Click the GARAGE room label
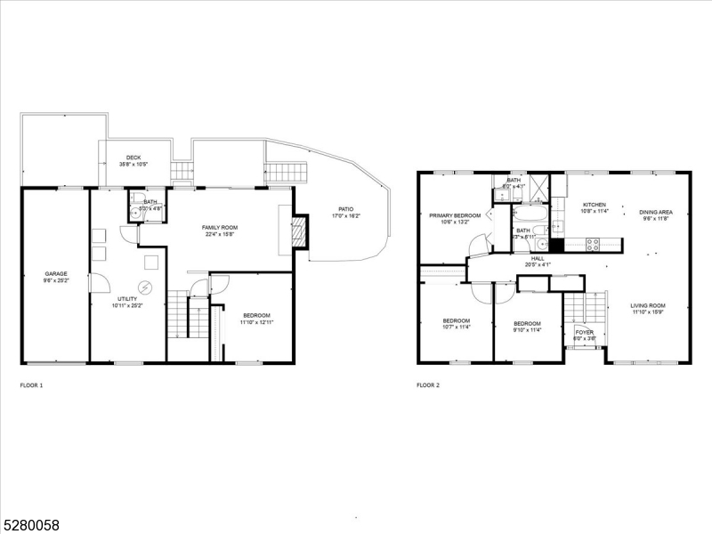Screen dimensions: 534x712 pos(55,273)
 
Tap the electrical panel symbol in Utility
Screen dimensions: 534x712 pos(146,287)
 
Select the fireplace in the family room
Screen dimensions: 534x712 pos(299,231)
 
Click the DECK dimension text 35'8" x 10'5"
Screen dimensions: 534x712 pos(134,165)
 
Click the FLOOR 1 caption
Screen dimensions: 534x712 pos(31,385)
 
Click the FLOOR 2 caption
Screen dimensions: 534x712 pos(428,385)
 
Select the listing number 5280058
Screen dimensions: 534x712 pos(30,525)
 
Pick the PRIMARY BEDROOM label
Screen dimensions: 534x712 pos(455,215)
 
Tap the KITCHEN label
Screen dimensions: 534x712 pos(594,205)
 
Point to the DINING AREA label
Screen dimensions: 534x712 pos(656,212)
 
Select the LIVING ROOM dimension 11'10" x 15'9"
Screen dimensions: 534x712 pos(649,311)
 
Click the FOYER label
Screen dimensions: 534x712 pos(584,332)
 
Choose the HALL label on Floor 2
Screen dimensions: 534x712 pos(538,258)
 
